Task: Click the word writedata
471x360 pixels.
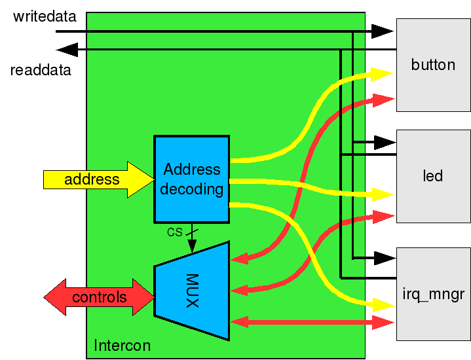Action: [x=45, y=16]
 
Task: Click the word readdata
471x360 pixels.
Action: [x=41, y=69]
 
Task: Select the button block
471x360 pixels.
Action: [x=433, y=65]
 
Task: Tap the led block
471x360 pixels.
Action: [x=433, y=176]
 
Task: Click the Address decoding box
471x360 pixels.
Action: [x=191, y=179]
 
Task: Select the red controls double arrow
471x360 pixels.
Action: [x=99, y=298]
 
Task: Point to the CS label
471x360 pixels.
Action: [x=174, y=232]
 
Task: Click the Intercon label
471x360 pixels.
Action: [x=122, y=345]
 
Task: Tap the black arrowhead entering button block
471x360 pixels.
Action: [x=383, y=31]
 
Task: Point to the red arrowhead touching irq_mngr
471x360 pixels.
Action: [x=383, y=321]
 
